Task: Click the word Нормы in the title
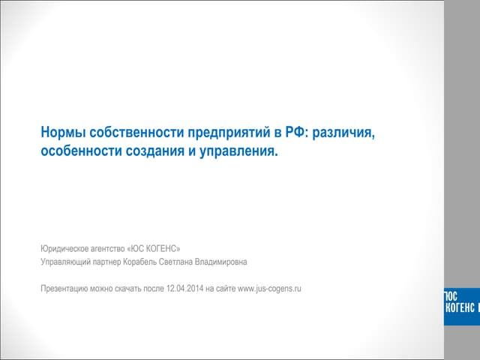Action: [62, 133]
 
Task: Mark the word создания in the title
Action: [158, 152]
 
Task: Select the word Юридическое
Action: [65, 247]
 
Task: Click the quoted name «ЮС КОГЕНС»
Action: [154, 247]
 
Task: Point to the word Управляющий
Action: [67, 262]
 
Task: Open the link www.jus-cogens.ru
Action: [269, 289]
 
